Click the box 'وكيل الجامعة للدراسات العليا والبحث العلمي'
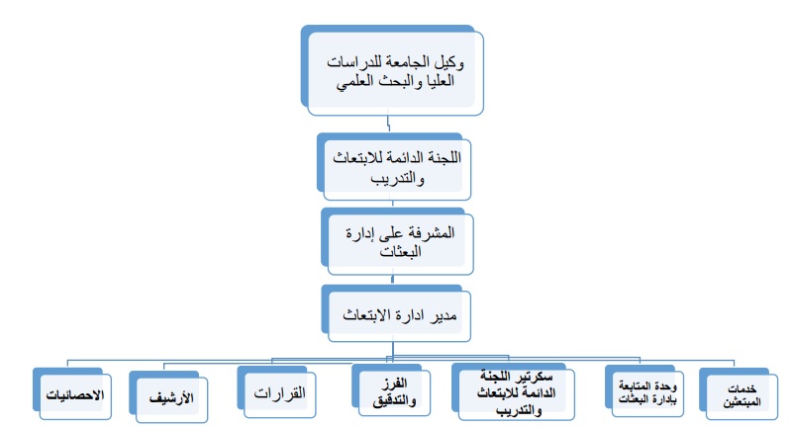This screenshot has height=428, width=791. (x=392, y=70)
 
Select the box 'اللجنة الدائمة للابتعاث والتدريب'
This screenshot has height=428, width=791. (x=394, y=167)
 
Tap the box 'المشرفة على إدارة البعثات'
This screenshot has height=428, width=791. (x=398, y=242)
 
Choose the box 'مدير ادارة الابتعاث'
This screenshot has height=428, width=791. (x=397, y=313)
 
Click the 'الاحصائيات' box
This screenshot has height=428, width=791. (x=72, y=393)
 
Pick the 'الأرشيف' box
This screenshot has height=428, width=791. (x=168, y=396)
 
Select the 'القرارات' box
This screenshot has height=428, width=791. (x=276, y=391)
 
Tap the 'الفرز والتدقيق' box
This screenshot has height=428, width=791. (x=391, y=389)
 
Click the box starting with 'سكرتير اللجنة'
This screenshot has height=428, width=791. (x=513, y=391)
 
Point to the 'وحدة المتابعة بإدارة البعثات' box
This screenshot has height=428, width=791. (x=644, y=391)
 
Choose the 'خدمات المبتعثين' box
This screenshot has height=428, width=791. (x=739, y=393)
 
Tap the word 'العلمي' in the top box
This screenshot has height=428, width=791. (x=353, y=81)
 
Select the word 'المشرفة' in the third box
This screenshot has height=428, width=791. (x=433, y=232)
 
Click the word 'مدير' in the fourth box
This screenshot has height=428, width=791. (x=444, y=315)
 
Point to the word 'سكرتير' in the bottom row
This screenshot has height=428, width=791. (x=535, y=377)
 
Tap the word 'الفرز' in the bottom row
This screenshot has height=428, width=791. (x=394, y=384)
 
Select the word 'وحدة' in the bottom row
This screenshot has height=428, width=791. (x=664, y=386)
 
